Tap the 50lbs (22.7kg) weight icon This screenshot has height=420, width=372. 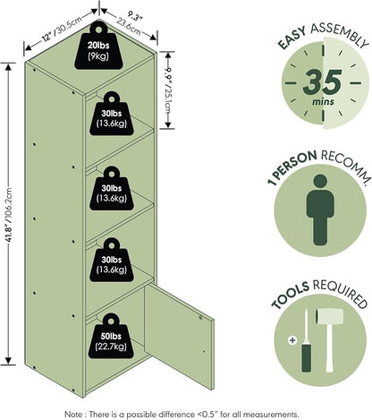tap(111, 336)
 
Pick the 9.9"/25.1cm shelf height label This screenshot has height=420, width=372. tap(169, 89)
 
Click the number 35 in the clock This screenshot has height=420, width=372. tap(322, 81)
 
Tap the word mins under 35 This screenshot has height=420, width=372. tap(323, 102)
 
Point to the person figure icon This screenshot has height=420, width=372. tap(320, 210)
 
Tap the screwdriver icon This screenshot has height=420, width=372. tap(306, 341)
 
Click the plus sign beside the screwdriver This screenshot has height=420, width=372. tap(292, 339)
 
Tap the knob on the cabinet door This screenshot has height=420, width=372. tap(201, 318)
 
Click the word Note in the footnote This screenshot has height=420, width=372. tap(73, 415)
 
